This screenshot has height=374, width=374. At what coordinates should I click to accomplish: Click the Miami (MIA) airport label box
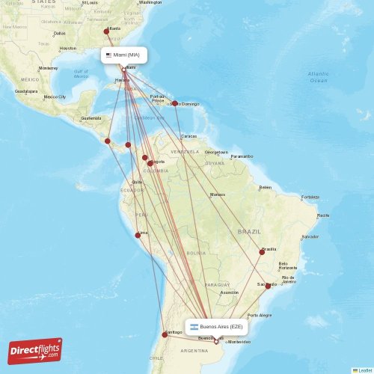pyautogui.click(x=124, y=55)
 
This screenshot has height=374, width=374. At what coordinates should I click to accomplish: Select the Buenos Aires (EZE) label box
pyautogui.click(x=216, y=327)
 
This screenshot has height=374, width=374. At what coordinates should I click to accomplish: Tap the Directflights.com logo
pyautogui.click(x=35, y=351)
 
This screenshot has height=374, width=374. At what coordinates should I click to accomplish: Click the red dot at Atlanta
pyautogui.click(x=106, y=31)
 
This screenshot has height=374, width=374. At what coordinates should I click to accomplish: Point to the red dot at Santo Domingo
pyautogui.click(x=174, y=103)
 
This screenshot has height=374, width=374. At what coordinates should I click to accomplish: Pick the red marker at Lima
pyautogui.click(x=137, y=235)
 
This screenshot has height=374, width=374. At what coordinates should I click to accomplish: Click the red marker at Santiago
pyautogui.click(x=165, y=334)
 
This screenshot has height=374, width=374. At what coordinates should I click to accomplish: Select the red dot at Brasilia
pyautogui.click(x=263, y=252)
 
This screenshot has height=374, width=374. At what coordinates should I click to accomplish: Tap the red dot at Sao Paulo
pyautogui.click(x=268, y=286)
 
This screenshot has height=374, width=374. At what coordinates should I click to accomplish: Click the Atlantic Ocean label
pyautogui.click(x=318, y=76)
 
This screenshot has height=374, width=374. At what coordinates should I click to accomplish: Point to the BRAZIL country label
pyautogui.click(x=249, y=232)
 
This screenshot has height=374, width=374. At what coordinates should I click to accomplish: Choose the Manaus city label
pyautogui.click(x=218, y=194)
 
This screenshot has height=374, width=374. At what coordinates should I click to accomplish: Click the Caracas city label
pyautogui.click(x=189, y=136)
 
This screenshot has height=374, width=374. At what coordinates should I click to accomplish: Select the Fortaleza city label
pyautogui.click(x=310, y=197)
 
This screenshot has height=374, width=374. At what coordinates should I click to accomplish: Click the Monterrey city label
pyautogui.click(x=48, y=68)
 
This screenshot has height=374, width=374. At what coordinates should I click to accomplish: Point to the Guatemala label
pyautogui.click(x=91, y=118)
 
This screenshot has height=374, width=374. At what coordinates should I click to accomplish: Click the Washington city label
pyautogui.click(x=150, y=2)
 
